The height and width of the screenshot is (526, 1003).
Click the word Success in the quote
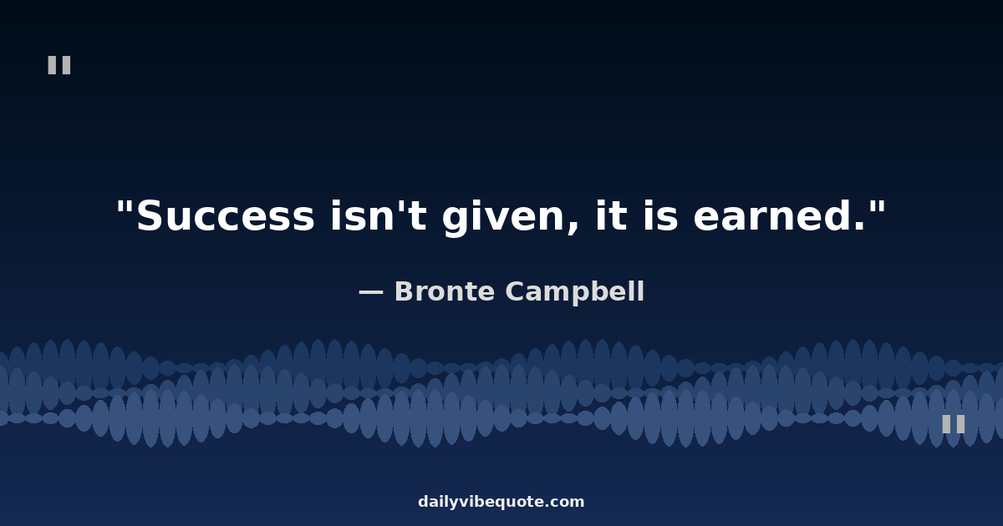coord(225,216)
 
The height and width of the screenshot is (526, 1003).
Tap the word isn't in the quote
coord(379,215)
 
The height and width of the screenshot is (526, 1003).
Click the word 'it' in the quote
coord(611,215)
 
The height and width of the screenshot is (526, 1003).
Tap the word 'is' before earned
coord(660,215)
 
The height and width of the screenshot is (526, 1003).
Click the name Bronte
coord(445,291)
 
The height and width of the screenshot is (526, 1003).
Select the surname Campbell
coord(575,292)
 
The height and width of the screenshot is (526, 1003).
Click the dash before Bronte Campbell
coord(371,292)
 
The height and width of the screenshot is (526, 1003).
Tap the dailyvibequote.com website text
coord(501,502)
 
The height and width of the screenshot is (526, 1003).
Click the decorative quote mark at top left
coord(59,65)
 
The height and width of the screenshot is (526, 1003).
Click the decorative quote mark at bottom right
coord(954,424)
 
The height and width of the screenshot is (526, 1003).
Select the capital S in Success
coord(149,216)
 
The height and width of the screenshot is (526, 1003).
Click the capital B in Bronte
coord(405,291)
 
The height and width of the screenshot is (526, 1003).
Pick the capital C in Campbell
coord(515,291)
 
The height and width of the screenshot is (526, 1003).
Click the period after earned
coord(859,227)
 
